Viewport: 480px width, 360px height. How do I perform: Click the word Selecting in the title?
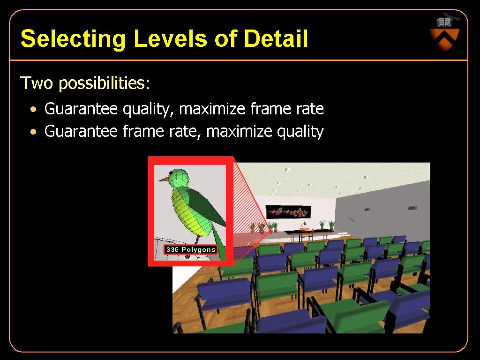tap(73, 39)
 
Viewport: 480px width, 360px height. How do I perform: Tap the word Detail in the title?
tap(276, 38)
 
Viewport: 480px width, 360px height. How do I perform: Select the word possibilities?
tap(104, 83)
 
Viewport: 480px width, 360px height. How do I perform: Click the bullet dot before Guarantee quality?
tap(33, 109)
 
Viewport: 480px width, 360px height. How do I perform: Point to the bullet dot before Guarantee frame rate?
tap(33, 132)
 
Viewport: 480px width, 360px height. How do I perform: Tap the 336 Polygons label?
tap(190, 249)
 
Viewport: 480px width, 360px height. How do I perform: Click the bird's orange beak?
tap(164, 179)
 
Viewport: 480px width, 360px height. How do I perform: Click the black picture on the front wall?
tap(288, 212)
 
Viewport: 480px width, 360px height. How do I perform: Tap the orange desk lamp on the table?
tap(304, 226)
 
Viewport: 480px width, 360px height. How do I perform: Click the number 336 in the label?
tap(172, 249)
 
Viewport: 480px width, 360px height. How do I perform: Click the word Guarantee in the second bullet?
tap(81, 131)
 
